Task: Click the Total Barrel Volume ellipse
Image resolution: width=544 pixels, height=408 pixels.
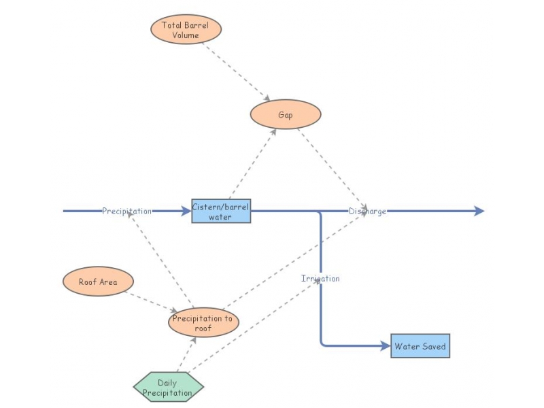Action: tap(186, 29)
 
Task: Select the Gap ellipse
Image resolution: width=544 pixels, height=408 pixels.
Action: tap(286, 114)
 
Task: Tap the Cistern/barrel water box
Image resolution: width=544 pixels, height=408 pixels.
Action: tap(221, 211)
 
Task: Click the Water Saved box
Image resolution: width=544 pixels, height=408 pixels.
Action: tap(420, 346)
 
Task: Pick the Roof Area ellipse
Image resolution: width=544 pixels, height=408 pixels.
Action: tap(98, 282)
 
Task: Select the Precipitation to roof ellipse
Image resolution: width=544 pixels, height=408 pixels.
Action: tap(203, 322)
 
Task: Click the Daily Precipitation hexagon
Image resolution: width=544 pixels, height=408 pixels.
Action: tap(168, 387)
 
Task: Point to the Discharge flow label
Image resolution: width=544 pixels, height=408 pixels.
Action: tap(367, 211)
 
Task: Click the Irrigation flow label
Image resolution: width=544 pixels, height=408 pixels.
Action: tap(320, 279)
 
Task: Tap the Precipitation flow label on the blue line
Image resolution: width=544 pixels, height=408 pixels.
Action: tap(126, 211)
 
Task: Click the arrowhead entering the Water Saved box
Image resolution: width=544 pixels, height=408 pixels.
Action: tap(386, 346)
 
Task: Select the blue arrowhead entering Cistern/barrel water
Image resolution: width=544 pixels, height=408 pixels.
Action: tap(186, 211)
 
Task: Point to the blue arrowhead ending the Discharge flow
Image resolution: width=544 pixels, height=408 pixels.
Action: tap(479, 211)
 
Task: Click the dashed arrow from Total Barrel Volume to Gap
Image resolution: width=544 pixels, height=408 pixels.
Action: tap(236, 72)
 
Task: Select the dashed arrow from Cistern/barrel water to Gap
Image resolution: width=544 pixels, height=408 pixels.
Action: tap(252, 164)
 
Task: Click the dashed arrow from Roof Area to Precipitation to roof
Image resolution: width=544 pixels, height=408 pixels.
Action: tap(151, 302)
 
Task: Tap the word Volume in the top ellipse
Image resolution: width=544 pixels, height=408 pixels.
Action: tap(186, 35)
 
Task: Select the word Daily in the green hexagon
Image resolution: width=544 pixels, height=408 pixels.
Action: tap(167, 383)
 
